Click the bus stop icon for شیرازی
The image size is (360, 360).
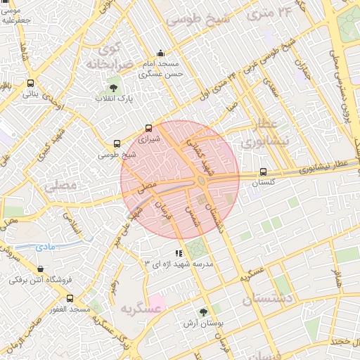(x=148, y=129)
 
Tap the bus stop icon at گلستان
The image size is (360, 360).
(x=263, y=171)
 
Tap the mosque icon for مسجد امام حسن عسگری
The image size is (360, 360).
(x=161, y=52)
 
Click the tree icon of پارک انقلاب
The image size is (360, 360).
(x=114, y=87)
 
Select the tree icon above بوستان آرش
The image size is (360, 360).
(x=203, y=311)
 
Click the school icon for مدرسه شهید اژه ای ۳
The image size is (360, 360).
(x=179, y=253)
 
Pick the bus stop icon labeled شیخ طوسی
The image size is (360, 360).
(x=117, y=143)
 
